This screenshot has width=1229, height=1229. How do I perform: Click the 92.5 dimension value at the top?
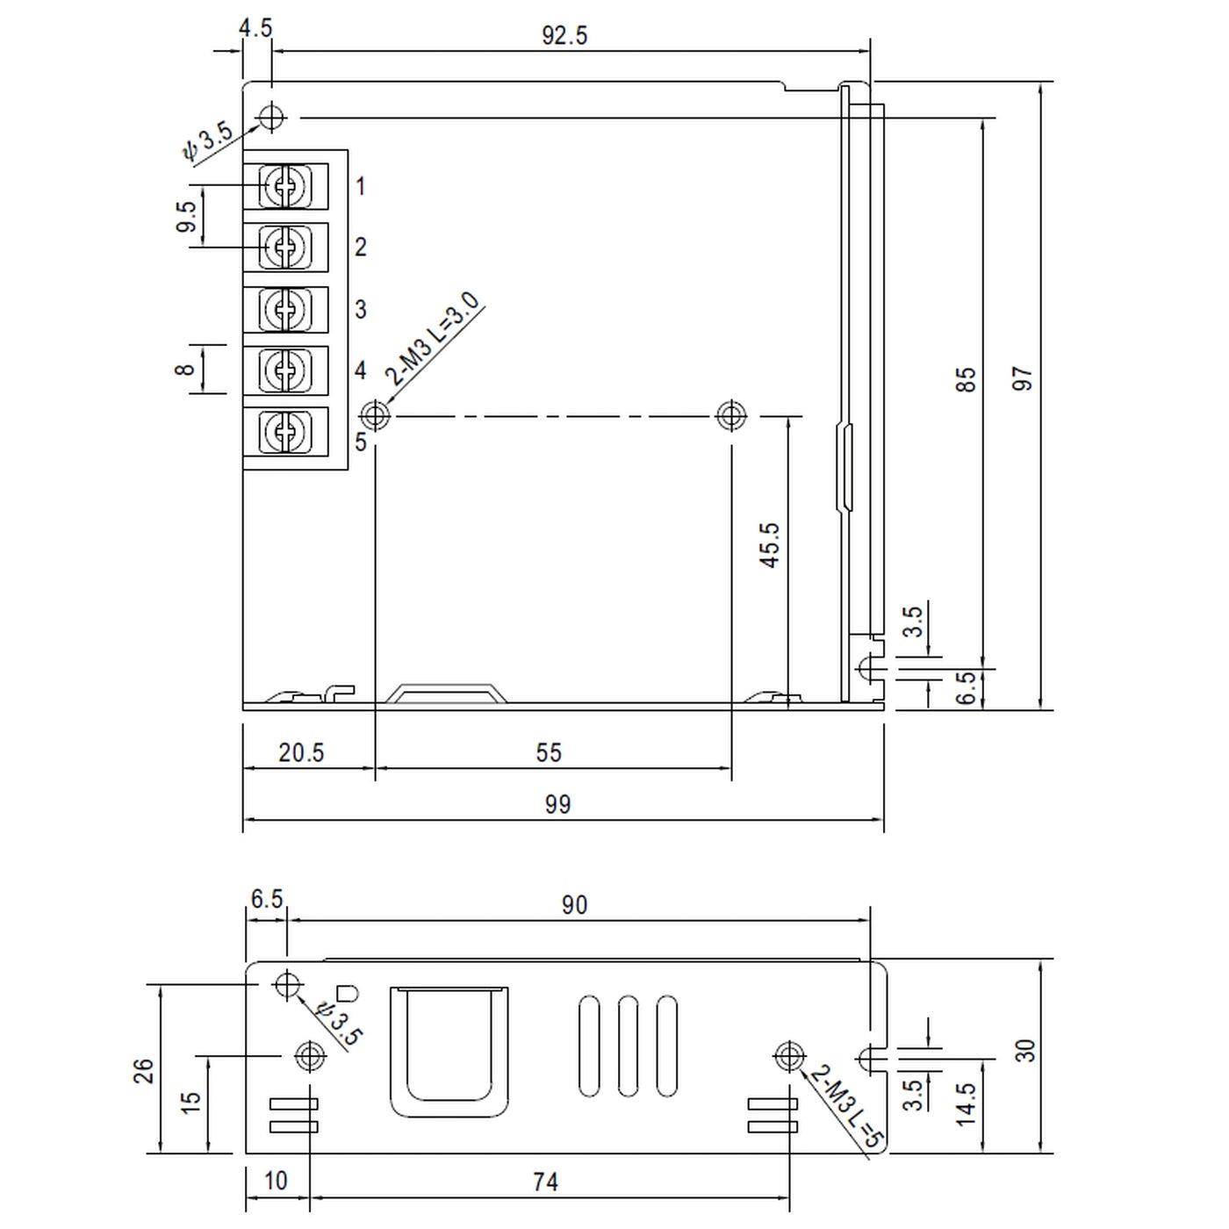pyautogui.click(x=564, y=36)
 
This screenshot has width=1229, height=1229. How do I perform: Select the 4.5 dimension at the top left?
pyautogui.click(x=255, y=27)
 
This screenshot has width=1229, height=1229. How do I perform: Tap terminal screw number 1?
pyautogui.click(x=285, y=186)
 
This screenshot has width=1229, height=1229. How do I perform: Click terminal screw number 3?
pyautogui.click(x=285, y=309)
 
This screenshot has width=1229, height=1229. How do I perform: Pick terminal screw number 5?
pyautogui.click(x=285, y=431)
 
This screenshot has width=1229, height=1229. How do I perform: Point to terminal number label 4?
pyautogui.click(x=360, y=370)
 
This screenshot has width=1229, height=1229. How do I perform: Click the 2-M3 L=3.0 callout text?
pyautogui.click(x=435, y=339)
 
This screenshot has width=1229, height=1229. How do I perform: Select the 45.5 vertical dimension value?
pyautogui.click(x=770, y=545)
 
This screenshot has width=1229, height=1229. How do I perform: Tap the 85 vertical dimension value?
pyautogui.click(x=965, y=379)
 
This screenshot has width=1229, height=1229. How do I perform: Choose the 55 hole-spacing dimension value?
pyautogui.click(x=549, y=752)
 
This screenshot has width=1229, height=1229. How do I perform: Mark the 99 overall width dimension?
pyautogui.click(x=557, y=804)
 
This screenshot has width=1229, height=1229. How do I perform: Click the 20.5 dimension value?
pyautogui.click(x=301, y=752)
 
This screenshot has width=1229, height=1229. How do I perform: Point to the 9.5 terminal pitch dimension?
pyautogui.click(x=186, y=217)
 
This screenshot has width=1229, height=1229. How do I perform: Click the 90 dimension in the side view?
pyautogui.click(x=574, y=905)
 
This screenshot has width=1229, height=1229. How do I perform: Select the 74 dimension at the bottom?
pyautogui.click(x=545, y=1182)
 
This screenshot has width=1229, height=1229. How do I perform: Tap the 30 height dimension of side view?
pyautogui.click(x=1024, y=1051)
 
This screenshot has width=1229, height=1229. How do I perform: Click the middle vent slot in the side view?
pyautogui.click(x=628, y=1046)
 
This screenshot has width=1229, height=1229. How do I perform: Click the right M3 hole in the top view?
pyautogui.click(x=730, y=414)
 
